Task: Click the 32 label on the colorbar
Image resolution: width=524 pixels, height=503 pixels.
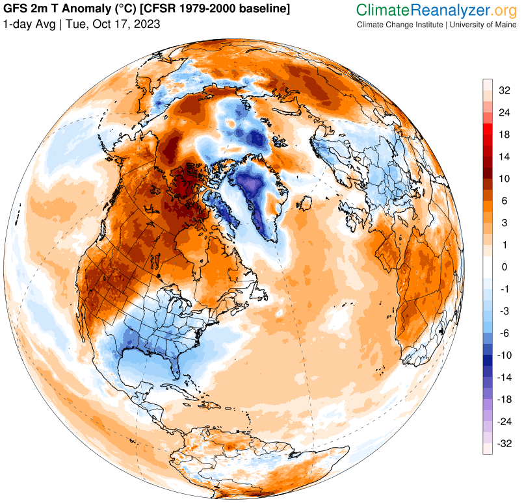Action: point(504,90)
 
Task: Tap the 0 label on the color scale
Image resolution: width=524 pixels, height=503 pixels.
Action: point(504,267)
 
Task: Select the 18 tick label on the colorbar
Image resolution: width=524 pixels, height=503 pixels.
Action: point(504,135)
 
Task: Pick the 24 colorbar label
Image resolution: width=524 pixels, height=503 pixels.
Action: point(504,112)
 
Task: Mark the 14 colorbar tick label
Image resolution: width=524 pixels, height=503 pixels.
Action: point(504,157)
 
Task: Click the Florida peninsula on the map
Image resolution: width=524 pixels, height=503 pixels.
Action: point(176,367)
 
